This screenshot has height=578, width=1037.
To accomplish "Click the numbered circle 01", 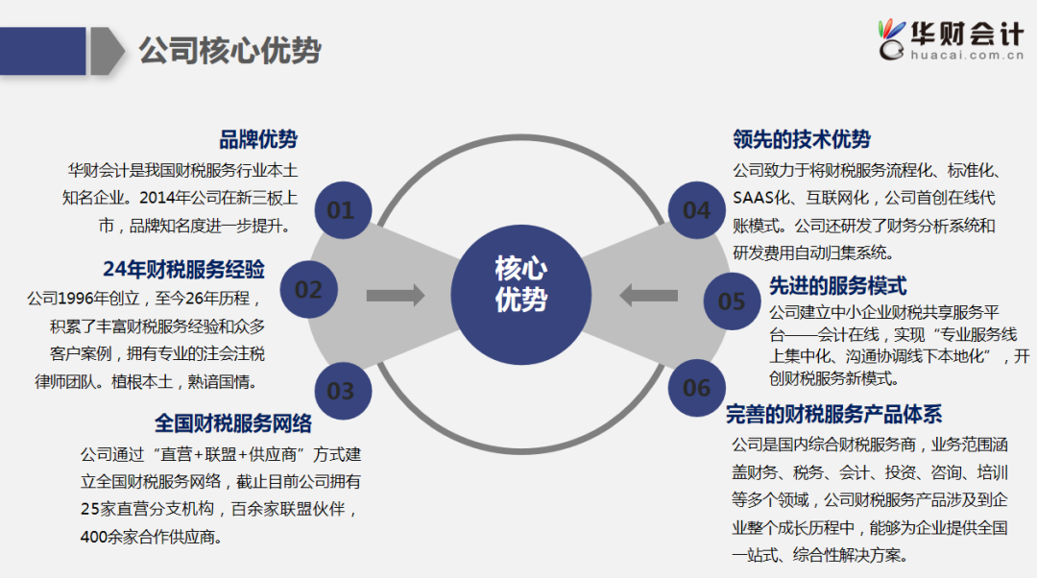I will point(341,209).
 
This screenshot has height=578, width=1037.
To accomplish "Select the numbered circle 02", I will point(308,289).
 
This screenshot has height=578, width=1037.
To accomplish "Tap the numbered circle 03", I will point(341,390).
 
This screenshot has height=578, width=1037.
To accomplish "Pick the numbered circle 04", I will point(697,209).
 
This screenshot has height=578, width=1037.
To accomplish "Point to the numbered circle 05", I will point(732,301).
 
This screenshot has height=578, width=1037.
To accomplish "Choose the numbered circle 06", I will point(697,388).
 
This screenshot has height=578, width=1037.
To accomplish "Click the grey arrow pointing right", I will point(395,295).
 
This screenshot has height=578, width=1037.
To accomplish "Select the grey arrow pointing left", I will point(648,295).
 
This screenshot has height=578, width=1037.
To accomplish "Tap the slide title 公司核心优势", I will point(229,51).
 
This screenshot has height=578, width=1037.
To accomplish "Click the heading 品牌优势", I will point(258,139).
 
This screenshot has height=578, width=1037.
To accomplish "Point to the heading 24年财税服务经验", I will point(183,268).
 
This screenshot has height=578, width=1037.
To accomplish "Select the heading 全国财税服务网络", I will point(233,422).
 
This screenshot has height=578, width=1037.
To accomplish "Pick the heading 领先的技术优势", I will point(802,139).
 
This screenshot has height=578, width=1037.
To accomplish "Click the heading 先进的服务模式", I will point(837,285).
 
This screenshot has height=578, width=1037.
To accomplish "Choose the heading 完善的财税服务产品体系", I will point(833,414).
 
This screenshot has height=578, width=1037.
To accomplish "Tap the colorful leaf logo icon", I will point(892,37).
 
